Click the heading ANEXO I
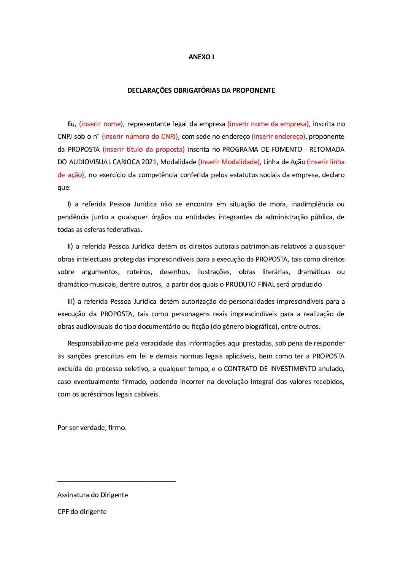201,57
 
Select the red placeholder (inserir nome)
101,124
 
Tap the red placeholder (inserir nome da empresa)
268,124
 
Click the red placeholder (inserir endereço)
278,136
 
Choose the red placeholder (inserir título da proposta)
144,149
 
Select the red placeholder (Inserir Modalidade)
229,162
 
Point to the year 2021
149,162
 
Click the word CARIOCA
126,162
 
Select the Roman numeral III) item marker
71,301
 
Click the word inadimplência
312,204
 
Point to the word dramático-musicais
87,284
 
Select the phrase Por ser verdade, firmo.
92,428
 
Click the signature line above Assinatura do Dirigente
116,482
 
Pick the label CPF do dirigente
82,512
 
